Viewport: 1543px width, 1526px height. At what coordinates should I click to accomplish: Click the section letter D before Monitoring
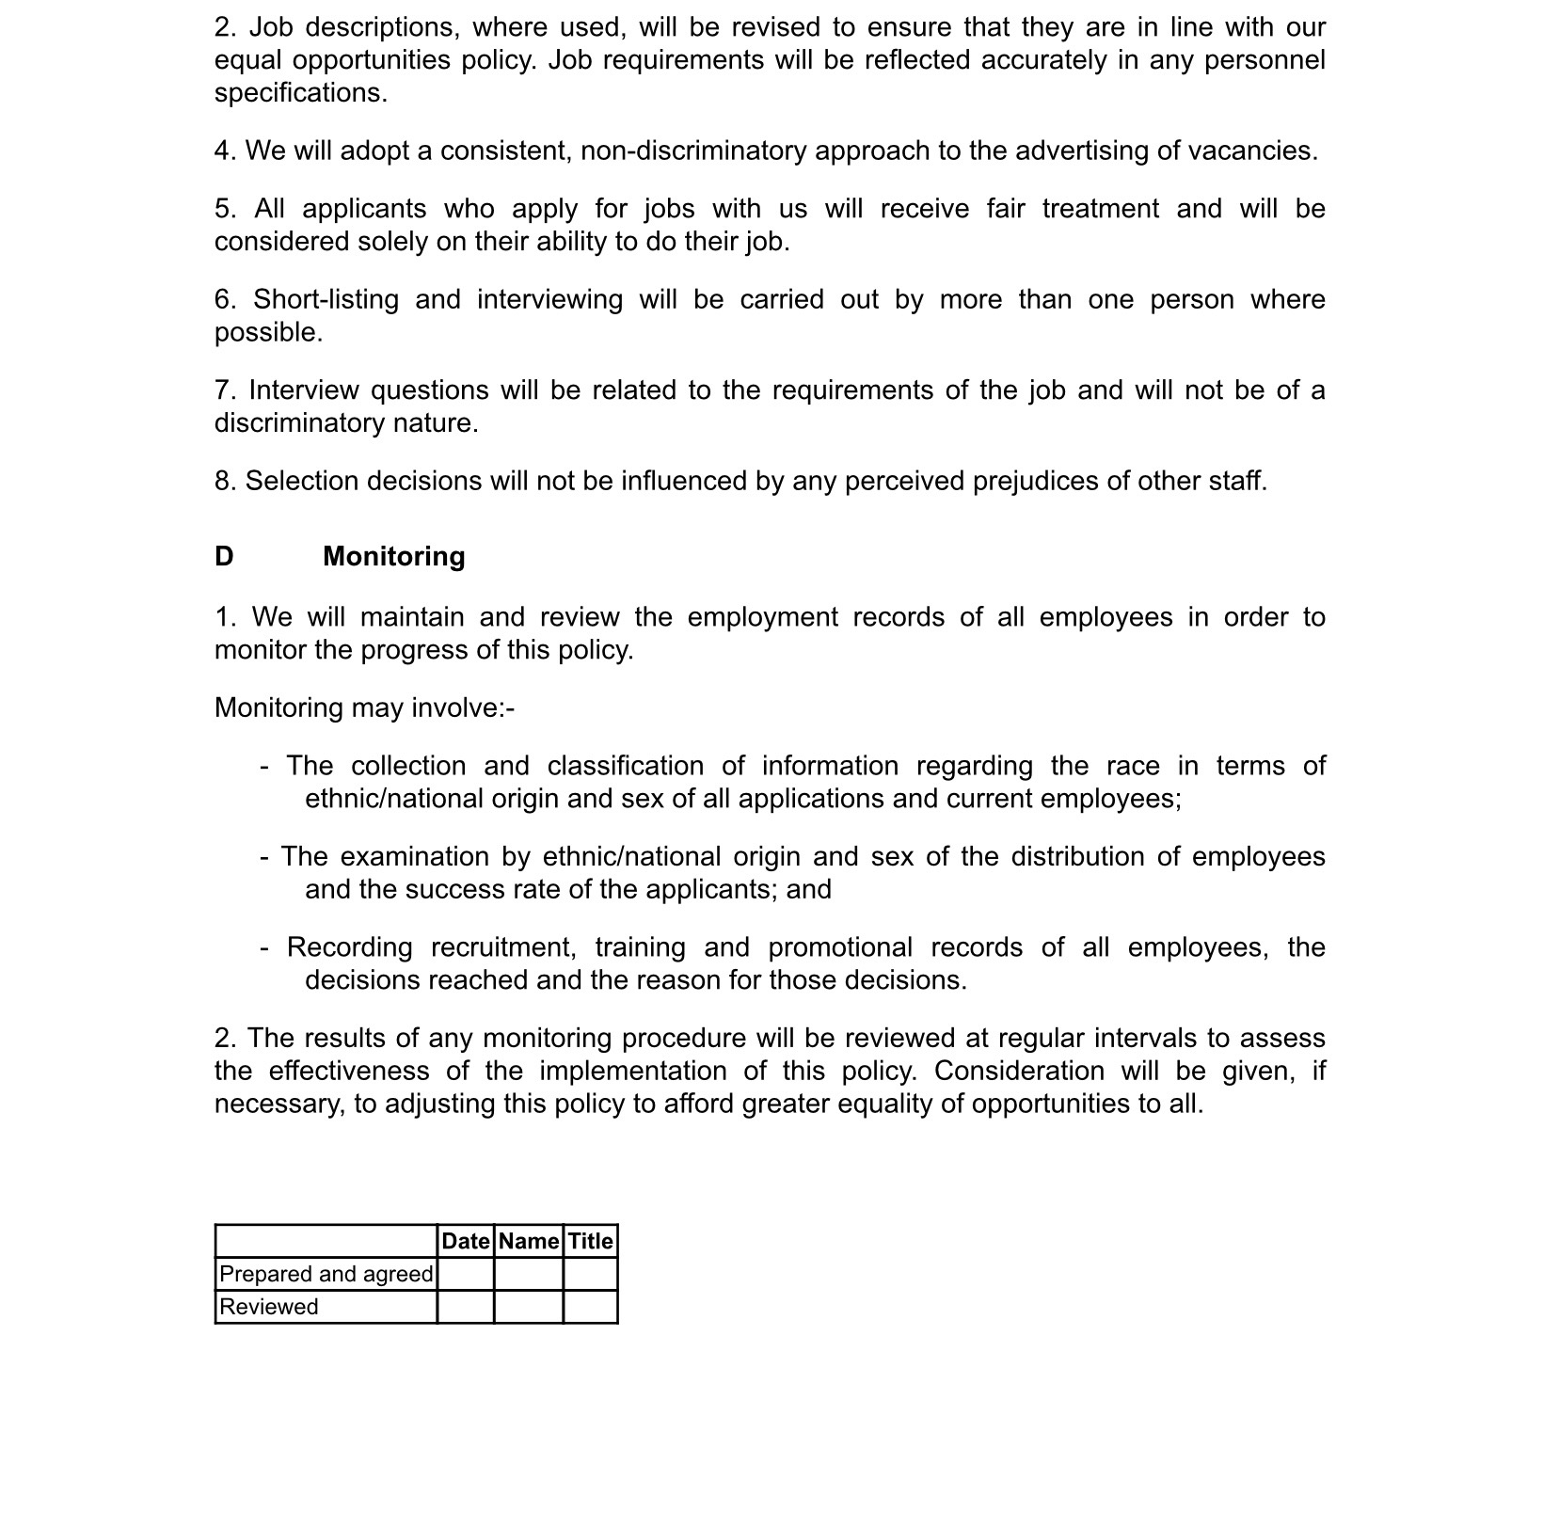[x=224, y=557]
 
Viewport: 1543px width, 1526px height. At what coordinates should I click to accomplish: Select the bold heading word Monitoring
[x=393, y=557]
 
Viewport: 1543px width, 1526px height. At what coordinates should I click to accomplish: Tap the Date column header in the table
[x=466, y=1241]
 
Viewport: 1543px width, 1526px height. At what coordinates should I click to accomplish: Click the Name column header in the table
[x=529, y=1241]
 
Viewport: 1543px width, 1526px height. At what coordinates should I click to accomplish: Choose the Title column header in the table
[x=590, y=1241]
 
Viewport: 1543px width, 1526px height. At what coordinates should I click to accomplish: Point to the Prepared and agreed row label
[x=326, y=1274]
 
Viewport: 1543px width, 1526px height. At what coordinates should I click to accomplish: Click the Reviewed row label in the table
[x=268, y=1307]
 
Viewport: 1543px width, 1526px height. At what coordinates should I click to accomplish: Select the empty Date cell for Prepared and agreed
[x=466, y=1274]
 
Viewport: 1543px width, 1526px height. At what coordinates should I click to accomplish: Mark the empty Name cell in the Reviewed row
[x=529, y=1307]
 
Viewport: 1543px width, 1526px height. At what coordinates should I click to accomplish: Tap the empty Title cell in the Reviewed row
[x=590, y=1307]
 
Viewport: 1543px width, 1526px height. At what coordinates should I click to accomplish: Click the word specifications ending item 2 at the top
[x=299, y=93]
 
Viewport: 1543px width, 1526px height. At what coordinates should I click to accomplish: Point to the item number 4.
[x=223, y=151]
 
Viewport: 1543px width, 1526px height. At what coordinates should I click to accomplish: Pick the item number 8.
[x=223, y=481]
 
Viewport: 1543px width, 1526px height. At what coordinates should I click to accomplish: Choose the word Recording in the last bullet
[x=349, y=946]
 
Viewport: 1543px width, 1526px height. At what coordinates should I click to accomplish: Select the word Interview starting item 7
[x=303, y=389]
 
